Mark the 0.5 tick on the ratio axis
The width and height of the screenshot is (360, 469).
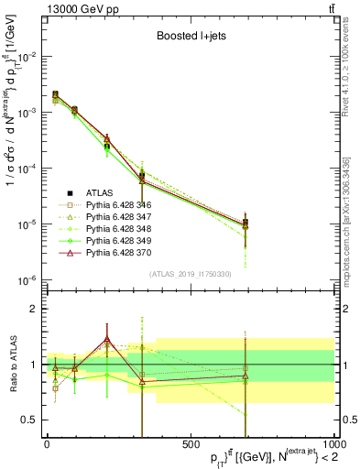pos(32,420)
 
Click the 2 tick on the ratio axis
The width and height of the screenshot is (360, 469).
pos(36,309)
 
